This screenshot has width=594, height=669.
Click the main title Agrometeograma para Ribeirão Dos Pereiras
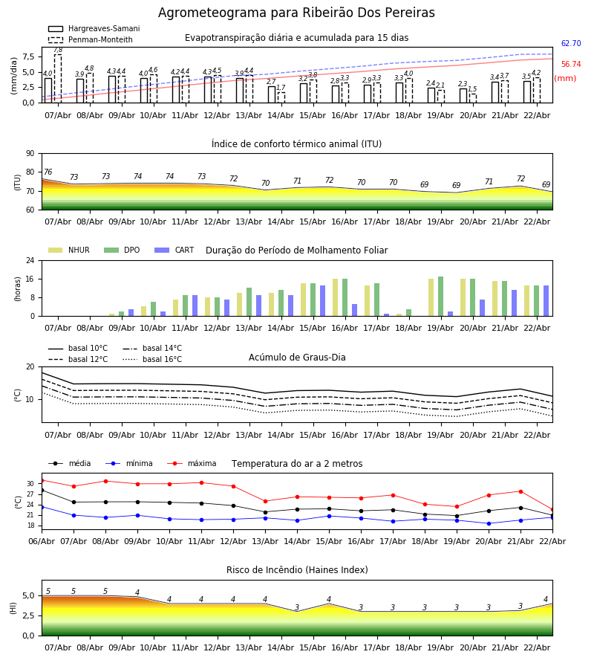296,13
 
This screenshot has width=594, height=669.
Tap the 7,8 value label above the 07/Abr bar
58,50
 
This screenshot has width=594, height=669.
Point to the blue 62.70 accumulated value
571,44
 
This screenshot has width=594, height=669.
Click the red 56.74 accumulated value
571,65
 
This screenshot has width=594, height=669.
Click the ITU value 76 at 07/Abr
48,172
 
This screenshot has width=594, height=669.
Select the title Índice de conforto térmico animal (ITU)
296,144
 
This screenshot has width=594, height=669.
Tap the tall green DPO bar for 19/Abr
440,296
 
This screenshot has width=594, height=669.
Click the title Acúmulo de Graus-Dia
297,358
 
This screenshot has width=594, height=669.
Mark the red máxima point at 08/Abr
105,481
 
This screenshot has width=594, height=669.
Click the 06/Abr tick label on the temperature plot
42,540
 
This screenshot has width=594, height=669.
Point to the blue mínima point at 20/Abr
489,523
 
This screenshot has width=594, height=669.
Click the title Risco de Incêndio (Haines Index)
297,570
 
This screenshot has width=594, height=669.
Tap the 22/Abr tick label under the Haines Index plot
537,647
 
